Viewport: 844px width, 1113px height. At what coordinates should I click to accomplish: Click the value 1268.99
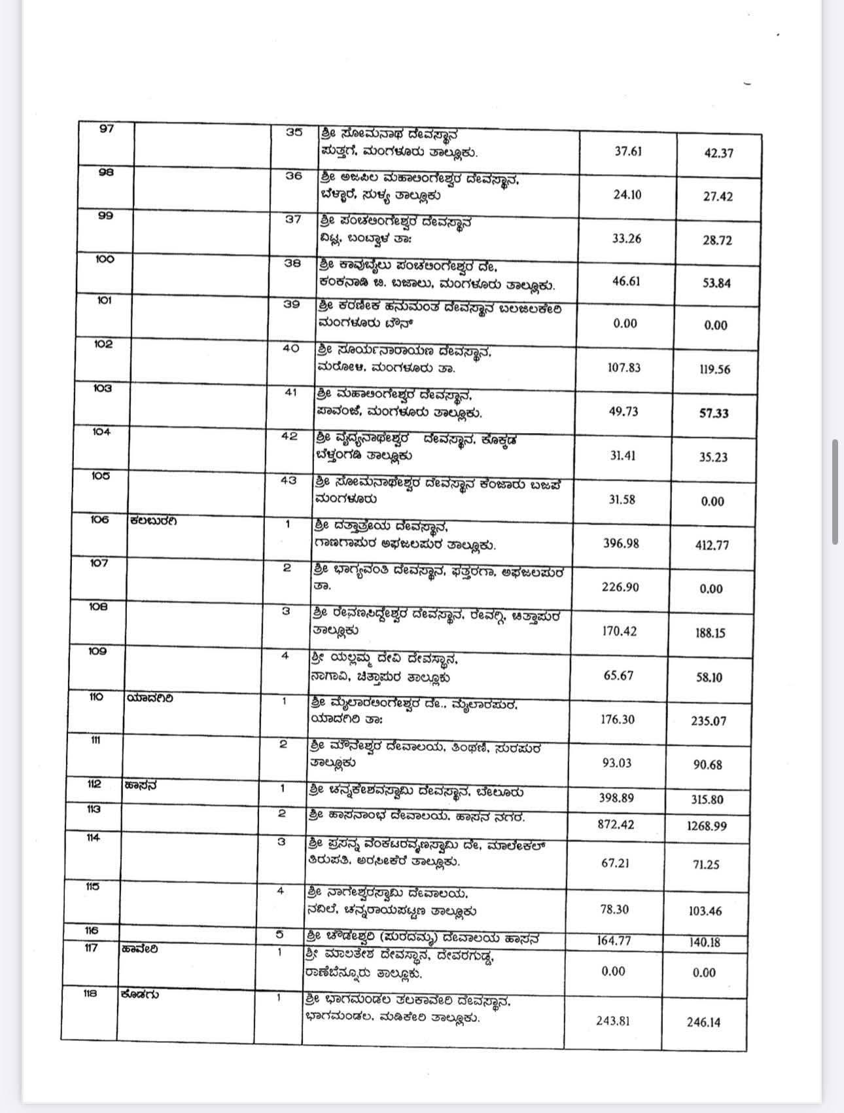click(707, 826)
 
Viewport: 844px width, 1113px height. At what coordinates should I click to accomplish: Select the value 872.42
click(616, 824)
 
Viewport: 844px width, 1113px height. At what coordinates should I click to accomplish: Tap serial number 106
click(100, 520)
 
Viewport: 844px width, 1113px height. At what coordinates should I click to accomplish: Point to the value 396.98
click(621, 543)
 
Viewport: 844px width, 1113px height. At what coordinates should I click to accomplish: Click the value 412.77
click(712, 545)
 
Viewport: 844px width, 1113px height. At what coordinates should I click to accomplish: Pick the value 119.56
click(714, 369)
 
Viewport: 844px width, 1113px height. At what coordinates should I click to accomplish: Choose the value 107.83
click(624, 367)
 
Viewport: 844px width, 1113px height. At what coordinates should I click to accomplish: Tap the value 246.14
click(703, 1022)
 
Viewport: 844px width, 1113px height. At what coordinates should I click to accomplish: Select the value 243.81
click(613, 1020)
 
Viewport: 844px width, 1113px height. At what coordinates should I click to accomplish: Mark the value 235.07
click(709, 721)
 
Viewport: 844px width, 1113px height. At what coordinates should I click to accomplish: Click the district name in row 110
click(150, 698)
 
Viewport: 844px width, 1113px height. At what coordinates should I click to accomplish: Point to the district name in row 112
click(140, 786)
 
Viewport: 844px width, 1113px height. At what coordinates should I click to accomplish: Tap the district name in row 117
click(139, 949)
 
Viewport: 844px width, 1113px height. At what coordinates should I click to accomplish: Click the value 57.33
click(714, 413)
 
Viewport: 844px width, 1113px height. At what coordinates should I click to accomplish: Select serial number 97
click(106, 128)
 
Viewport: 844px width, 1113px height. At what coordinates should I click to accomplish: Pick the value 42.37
click(718, 153)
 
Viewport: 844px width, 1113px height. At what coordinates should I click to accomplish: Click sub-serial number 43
click(289, 480)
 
